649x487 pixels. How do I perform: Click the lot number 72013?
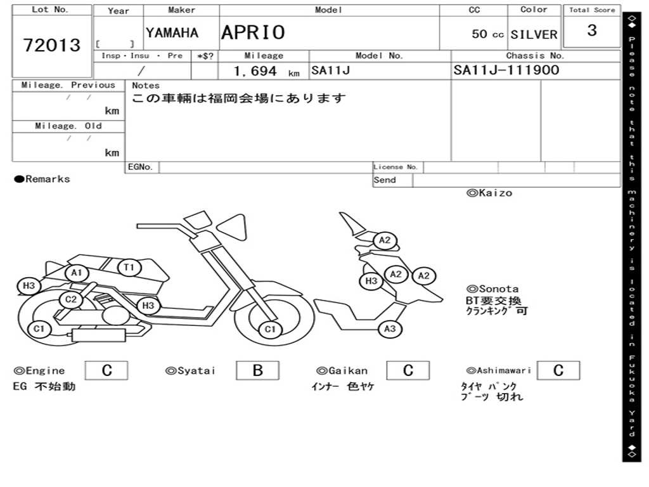tap(52, 45)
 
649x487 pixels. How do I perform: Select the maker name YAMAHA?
tap(172, 33)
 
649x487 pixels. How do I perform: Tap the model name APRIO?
tap(253, 33)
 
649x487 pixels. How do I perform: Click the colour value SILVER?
tap(534, 34)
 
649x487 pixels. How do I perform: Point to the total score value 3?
tap(592, 30)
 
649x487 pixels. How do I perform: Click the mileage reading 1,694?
tap(255, 71)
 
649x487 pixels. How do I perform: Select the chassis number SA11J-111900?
tap(506, 70)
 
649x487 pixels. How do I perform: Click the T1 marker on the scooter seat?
tap(129, 268)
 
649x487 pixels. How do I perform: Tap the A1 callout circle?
tap(77, 273)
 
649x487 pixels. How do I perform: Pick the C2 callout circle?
tap(71, 299)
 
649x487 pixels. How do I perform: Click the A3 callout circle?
tap(390, 329)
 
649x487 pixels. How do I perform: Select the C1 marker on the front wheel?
tap(270, 329)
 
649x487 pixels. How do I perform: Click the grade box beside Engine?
tap(106, 370)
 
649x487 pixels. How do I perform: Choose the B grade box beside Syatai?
tap(257, 370)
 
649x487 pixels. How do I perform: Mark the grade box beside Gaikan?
tap(408, 370)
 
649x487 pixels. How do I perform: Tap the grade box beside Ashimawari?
tap(558, 370)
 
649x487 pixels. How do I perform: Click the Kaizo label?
tap(489, 193)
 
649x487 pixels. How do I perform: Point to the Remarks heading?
tap(42, 179)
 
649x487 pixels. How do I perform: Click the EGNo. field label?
tap(140, 167)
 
